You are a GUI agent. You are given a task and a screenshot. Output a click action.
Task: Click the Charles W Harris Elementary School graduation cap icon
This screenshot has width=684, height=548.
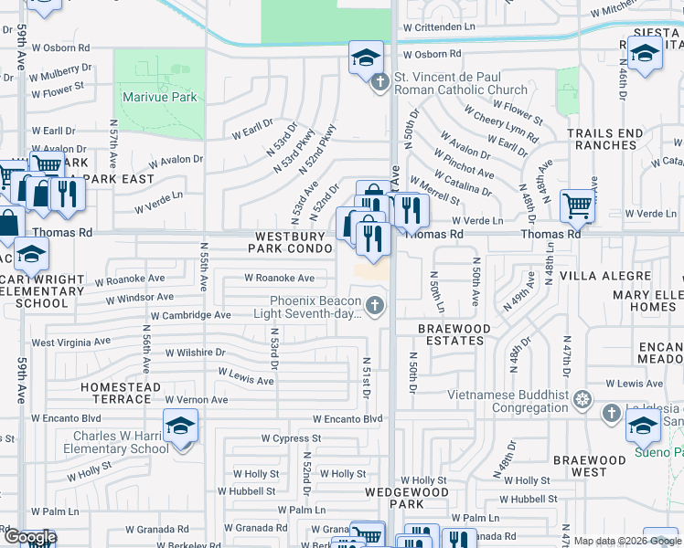(180, 426)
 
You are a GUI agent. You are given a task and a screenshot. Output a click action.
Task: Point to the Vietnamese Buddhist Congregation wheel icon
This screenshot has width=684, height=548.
(582, 399)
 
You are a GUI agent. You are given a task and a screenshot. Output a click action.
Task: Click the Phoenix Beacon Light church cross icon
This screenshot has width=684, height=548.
(373, 304)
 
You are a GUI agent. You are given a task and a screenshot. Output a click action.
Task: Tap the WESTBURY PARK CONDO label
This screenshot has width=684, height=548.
(290, 242)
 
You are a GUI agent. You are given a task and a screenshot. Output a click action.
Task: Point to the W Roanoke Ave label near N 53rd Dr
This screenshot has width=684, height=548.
(279, 278)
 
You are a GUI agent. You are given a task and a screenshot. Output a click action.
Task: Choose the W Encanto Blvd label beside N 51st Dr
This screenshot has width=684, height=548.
(347, 419)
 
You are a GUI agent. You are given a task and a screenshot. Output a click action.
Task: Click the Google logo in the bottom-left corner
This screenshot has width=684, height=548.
(29, 537)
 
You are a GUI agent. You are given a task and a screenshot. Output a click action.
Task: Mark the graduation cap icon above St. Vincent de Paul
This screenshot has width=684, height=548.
(365, 58)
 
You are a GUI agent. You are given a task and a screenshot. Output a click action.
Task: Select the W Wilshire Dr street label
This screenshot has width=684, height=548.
(195, 352)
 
